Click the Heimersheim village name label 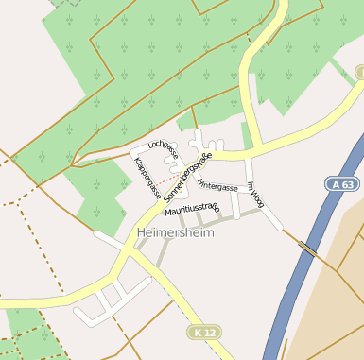point(176,231)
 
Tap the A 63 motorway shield point(346,186)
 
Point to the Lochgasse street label point(164,148)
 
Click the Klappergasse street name point(147,178)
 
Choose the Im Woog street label point(255,195)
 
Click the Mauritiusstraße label point(191,208)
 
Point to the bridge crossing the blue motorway point(308,249)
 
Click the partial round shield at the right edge point(360,73)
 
